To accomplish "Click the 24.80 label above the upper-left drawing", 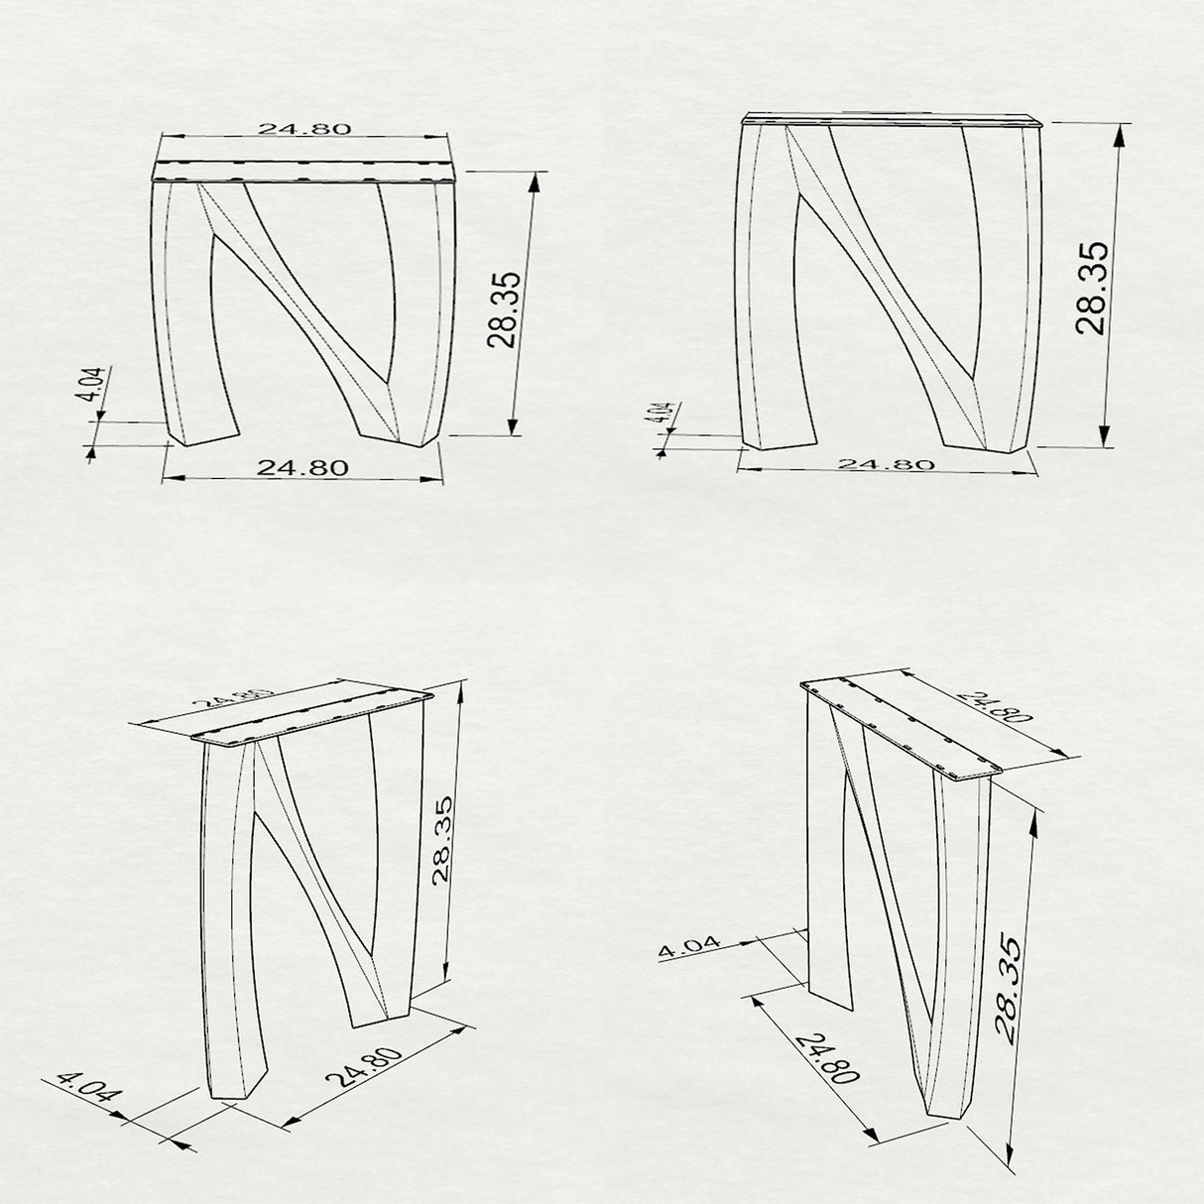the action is (304, 129).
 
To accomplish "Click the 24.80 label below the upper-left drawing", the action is (302, 468).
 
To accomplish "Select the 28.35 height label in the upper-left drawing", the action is (504, 309).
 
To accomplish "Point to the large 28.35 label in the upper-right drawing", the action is (1092, 288).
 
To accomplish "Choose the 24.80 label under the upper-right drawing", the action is (886, 463).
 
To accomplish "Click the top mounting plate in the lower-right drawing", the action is (901, 727).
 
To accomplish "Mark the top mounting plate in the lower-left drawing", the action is (311, 717).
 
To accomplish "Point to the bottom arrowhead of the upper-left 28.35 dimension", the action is (513, 425).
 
